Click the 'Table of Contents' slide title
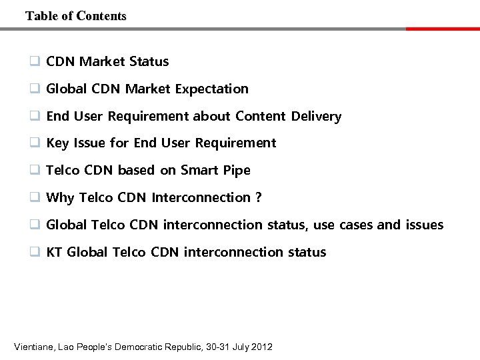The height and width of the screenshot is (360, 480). (x=75, y=16)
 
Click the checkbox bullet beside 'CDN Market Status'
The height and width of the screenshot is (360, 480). (x=33, y=61)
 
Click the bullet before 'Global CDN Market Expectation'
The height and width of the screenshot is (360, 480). (x=33, y=89)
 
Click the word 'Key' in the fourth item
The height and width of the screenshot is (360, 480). (x=57, y=143)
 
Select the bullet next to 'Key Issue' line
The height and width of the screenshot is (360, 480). (x=33, y=143)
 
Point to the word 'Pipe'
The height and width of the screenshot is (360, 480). (x=237, y=171)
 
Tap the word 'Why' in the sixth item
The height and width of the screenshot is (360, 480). (x=60, y=198)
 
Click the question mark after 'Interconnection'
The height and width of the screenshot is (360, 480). (x=258, y=198)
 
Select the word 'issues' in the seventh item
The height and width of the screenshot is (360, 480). (x=424, y=225)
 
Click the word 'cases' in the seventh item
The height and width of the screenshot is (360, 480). (x=356, y=225)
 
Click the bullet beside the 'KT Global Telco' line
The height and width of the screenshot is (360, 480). (x=33, y=252)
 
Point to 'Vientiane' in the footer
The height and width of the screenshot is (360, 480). (x=35, y=347)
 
